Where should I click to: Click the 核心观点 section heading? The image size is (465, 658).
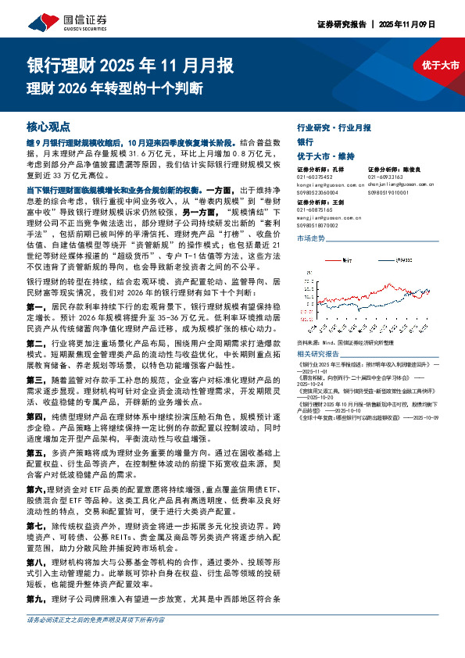(x=48, y=126)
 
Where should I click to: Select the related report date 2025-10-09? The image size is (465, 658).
(x=443, y=418)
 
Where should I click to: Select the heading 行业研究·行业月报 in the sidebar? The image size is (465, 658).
(x=334, y=127)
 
